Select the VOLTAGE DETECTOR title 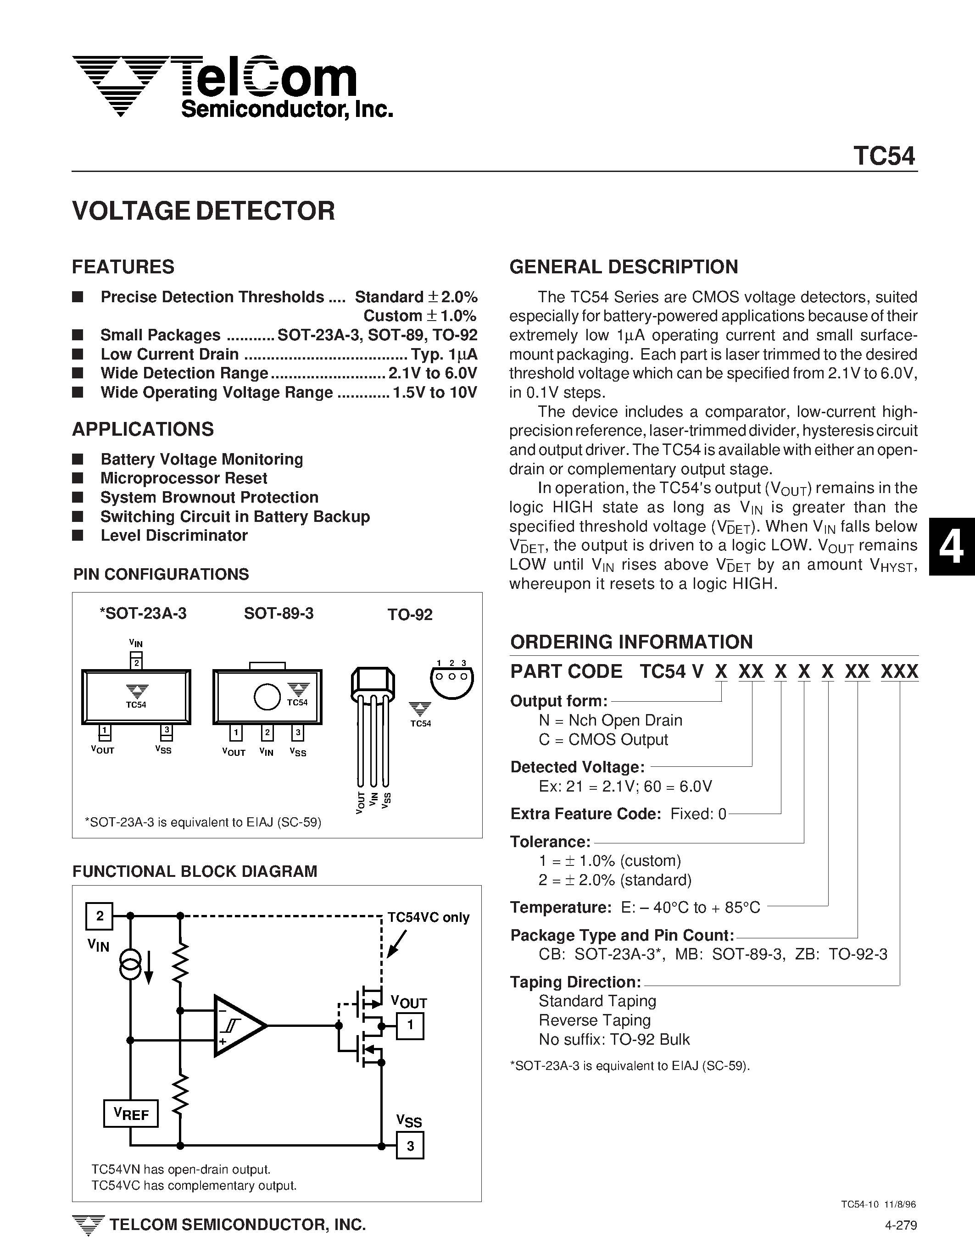click(203, 211)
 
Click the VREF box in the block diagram click(131, 1114)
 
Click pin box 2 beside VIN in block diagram click(100, 916)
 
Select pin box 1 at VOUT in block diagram click(410, 1025)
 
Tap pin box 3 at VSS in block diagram click(410, 1145)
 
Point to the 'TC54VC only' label click(428, 918)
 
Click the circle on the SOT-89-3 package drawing click(267, 697)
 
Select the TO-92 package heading click(410, 615)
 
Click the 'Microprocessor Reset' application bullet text click(184, 478)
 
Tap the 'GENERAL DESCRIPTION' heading click(624, 267)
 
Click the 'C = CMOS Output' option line click(603, 740)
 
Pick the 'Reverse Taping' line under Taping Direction click(594, 1020)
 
